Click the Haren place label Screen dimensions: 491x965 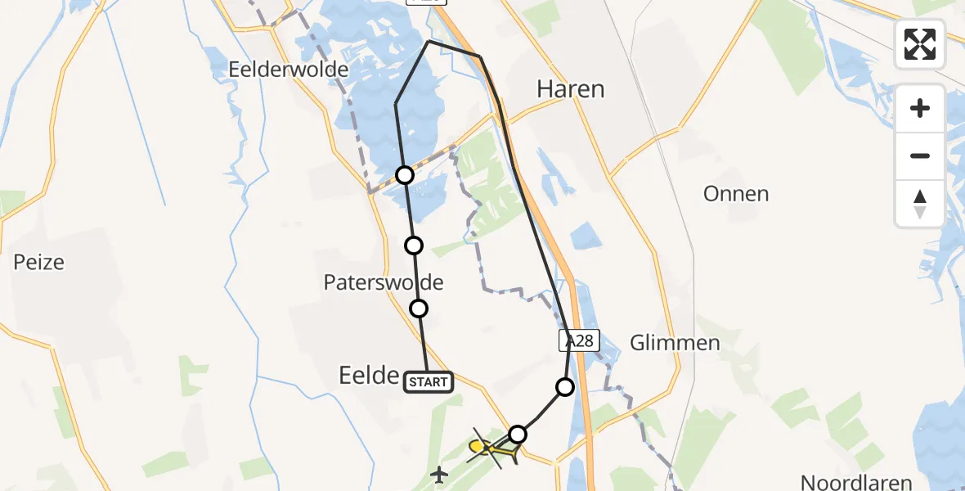tap(570, 89)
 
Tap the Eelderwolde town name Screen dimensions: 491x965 tap(289, 70)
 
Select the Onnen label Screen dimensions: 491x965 tap(736, 194)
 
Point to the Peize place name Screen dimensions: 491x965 tap(38, 263)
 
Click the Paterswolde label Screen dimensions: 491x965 tap(384, 283)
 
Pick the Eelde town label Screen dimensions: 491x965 tap(368, 376)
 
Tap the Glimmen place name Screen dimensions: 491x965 tap(675, 343)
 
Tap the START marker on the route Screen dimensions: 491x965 tap(428, 381)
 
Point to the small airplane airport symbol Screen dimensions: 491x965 tap(440, 473)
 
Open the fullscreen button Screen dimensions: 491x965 tap(920, 44)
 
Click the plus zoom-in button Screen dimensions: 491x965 tap(920, 108)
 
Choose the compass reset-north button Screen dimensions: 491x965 tap(920, 204)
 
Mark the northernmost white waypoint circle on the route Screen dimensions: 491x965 tap(405, 174)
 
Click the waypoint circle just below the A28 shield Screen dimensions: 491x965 tap(564, 387)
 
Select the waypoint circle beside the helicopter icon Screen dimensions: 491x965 tap(517, 434)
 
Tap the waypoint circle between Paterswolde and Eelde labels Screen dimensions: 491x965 tap(419, 309)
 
